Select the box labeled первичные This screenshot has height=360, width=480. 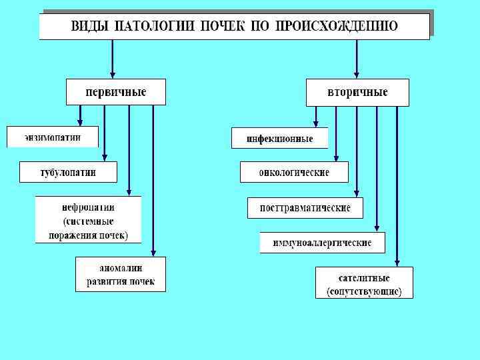[115, 92]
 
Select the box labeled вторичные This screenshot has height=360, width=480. [357, 92]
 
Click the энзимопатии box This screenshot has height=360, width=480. [53, 137]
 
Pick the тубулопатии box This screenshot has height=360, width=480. [68, 172]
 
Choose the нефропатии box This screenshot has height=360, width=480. [88, 220]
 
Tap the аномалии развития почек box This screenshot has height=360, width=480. [121, 275]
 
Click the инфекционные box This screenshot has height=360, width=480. [280, 139]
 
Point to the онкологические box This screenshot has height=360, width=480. [294, 173]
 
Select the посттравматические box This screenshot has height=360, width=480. [305, 207]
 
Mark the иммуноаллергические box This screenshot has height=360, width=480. [322, 243]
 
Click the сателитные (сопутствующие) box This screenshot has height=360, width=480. [364, 283]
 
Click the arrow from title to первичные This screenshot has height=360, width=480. [113, 59]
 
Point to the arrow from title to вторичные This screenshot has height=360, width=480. [357, 59]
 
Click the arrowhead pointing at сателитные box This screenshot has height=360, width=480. [397, 262]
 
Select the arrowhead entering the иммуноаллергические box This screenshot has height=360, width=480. [377, 227]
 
